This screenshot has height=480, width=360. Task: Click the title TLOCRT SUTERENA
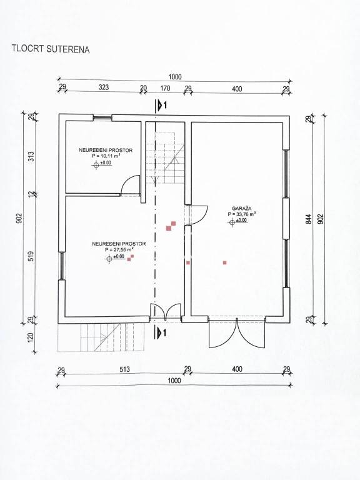[x=51, y=49]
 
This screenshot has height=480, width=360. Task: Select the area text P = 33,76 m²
[x=242, y=214]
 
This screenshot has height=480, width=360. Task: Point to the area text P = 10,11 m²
[x=106, y=156]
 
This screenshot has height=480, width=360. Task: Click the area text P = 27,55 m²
[x=119, y=249]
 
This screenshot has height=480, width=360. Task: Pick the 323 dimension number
[x=104, y=87]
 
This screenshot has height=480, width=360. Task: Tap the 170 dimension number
[x=165, y=88]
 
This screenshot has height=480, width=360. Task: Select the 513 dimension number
[x=124, y=369]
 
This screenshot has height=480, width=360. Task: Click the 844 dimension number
[x=309, y=219]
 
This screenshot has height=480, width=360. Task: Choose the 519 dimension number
[x=31, y=256]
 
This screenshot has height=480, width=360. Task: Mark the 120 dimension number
[x=31, y=337]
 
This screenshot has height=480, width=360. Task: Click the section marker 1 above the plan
[x=161, y=105]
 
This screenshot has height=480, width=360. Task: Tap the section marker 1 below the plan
[x=161, y=332]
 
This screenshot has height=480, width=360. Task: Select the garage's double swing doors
[x=236, y=333]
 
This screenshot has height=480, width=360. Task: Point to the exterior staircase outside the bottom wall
[x=101, y=337]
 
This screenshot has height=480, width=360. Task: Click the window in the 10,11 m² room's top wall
[x=102, y=117]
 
